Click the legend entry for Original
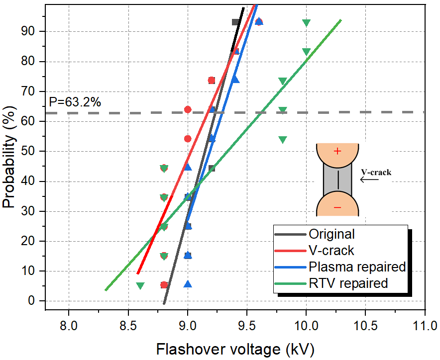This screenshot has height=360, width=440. (x=331, y=234)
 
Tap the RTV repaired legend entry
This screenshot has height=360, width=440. (x=348, y=283)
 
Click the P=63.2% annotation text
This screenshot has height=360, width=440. (x=76, y=102)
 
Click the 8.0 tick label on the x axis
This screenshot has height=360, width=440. (x=68, y=326)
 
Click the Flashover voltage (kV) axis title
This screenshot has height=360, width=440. (x=235, y=349)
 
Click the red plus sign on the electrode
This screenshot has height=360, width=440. (x=337, y=151)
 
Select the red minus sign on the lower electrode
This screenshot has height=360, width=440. (x=337, y=207)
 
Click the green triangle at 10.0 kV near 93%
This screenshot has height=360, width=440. (x=306, y=23)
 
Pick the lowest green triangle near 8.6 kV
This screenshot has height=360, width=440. (x=140, y=286)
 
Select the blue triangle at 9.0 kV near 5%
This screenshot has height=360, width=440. (x=188, y=284)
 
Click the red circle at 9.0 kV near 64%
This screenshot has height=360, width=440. (x=188, y=109)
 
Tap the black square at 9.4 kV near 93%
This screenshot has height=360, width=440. (x=235, y=22)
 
